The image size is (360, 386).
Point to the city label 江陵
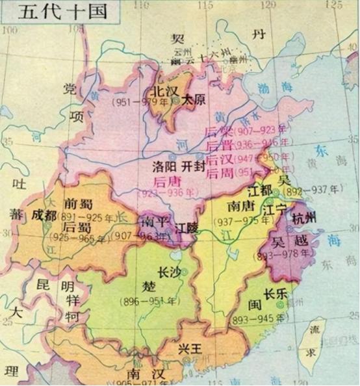coord(190,228)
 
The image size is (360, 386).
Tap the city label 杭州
coord(305,218)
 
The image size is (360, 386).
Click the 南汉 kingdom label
coord(141,375)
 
